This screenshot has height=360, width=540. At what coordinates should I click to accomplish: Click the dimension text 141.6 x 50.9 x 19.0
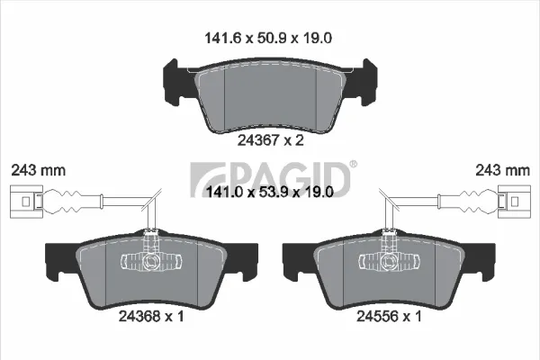tap(268, 38)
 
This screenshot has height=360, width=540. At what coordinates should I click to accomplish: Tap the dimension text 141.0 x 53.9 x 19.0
tap(270, 192)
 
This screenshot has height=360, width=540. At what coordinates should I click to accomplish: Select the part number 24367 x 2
tap(271, 140)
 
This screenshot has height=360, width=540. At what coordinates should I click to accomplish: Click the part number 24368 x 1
tap(151, 316)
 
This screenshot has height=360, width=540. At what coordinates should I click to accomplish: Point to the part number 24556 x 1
tap(389, 316)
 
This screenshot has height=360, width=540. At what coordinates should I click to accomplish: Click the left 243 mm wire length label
tap(38, 170)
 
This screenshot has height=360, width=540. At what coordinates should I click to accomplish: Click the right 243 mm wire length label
tap(502, 170)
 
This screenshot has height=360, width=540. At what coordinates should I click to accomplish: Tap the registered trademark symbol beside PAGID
tap(354, 164)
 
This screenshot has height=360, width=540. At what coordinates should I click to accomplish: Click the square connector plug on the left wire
tap(26, 202)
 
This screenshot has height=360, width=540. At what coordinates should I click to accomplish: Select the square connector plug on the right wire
tap(514, 202)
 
